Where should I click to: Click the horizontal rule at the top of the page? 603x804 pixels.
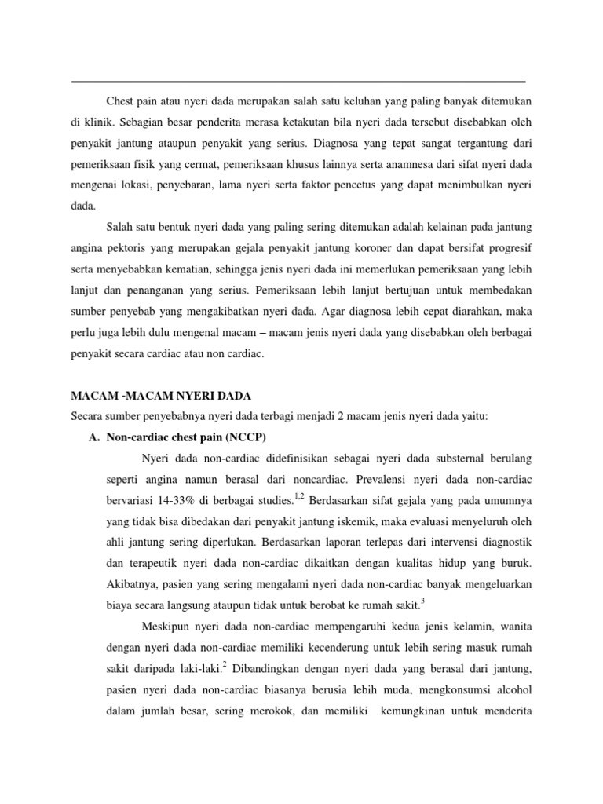point(298,82)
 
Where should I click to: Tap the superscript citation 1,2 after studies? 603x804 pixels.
point(298,494)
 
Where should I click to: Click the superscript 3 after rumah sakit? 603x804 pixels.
point(422,600)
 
